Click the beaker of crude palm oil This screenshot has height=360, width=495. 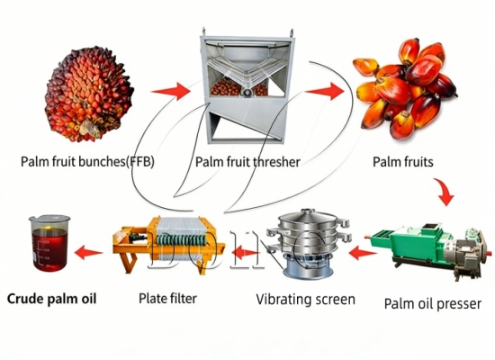[x=49, y=243]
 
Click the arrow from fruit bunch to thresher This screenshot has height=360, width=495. [x=171, y=90]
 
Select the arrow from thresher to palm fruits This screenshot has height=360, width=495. [x=327, y=90]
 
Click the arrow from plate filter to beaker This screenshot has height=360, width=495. [x=87, y=253]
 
